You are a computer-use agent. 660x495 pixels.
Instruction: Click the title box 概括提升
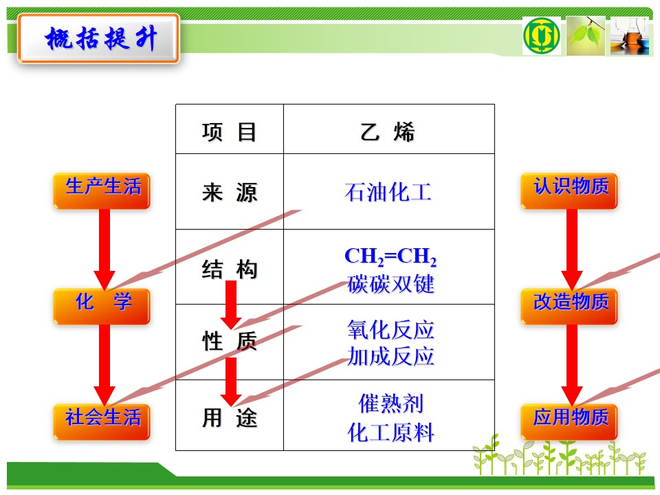pos(99,38)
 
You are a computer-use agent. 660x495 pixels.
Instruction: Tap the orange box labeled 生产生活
pos(102,190)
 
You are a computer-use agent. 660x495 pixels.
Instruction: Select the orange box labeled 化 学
pos(102,307)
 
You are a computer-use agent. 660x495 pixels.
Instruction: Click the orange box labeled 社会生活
pos(102,422)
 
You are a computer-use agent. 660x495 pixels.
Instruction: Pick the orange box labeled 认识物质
pos(569,190)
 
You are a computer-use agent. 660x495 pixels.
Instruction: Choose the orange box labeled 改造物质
pos(569,307)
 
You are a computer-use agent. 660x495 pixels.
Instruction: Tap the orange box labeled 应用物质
pos(569,422)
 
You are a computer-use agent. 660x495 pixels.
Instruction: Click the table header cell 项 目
pos(230,129)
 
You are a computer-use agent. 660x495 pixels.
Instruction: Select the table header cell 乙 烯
pos(389,129)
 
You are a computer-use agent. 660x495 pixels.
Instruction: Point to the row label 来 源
pos(230,192)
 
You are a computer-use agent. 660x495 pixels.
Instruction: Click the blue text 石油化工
pos(388,192)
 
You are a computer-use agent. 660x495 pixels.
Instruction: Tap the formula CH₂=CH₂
pos(390,256)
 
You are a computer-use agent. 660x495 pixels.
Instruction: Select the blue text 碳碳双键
pos(390,284)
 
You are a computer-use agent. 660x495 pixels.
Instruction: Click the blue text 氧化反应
pos(390,329)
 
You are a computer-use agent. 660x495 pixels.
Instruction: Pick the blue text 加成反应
pos(390,357)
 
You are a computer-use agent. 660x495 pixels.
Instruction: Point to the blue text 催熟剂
pos(390,404)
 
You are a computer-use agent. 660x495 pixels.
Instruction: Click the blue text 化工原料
pos(390,432)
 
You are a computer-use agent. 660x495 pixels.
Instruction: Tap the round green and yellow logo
pos(541,36)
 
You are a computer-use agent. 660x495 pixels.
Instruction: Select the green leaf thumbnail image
pos(586,36)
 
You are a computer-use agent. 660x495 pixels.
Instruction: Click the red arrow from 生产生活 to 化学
pos(104,249)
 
